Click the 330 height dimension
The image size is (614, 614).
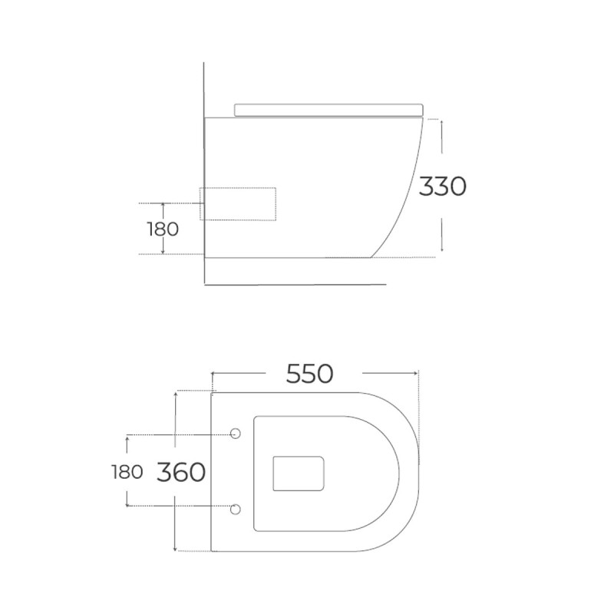(x=443, y=186)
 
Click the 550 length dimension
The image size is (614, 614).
(x=310, y=374)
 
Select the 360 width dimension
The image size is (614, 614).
(x=181, y=472)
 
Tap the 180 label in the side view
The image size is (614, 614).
(x=163, y=229)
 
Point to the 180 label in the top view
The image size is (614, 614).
(x=127, y=472)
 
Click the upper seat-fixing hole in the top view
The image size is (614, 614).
(x=235, y=433)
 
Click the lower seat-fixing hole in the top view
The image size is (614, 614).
(x=235, y=509)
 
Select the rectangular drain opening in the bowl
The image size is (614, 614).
(x=299, y=474)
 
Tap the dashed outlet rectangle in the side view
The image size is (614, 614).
(x=238, y=203)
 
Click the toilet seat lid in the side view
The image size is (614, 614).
(x=329, y=110)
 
